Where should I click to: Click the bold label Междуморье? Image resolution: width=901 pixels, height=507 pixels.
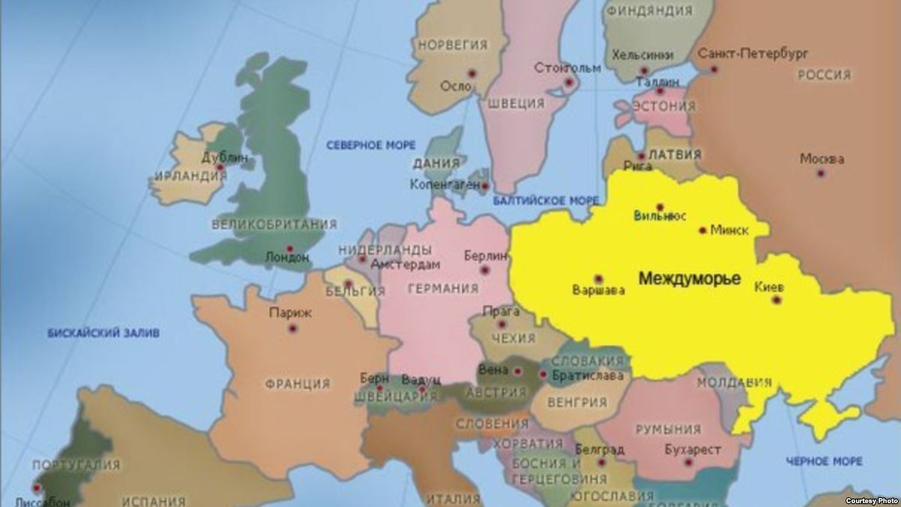689,279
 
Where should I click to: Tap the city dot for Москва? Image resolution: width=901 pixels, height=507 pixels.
821,173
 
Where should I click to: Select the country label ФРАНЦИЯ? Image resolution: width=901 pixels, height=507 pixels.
297,384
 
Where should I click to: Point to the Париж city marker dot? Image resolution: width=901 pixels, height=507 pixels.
292,328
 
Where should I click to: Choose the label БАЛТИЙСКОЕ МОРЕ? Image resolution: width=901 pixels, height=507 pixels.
546,201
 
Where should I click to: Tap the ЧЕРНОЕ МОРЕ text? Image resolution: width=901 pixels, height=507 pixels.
824,460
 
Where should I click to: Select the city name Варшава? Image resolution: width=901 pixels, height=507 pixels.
598,291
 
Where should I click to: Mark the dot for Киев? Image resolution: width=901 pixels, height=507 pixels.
776,300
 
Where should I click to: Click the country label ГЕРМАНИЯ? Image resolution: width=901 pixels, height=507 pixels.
442,289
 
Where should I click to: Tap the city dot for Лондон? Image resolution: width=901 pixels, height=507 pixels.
289,249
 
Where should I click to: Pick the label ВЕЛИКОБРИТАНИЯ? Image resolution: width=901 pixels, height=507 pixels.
274,224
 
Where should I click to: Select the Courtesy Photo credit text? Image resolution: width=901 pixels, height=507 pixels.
870,500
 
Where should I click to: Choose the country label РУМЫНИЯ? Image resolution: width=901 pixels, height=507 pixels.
667,430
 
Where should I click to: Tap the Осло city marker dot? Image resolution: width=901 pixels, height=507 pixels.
472,73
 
